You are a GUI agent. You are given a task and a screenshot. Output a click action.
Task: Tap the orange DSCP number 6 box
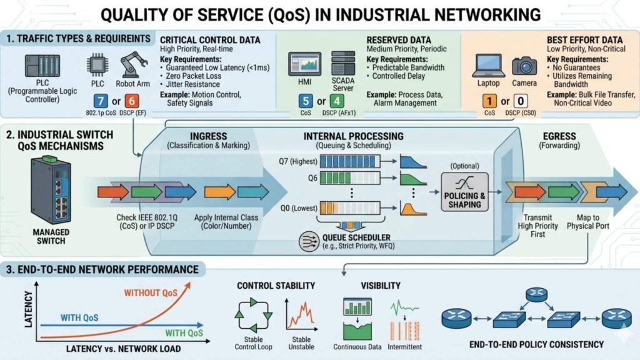pos(132,102)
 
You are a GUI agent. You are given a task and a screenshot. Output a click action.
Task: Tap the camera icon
pos(524,66)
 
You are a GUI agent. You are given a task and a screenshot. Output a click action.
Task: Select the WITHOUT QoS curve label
pos(151,292)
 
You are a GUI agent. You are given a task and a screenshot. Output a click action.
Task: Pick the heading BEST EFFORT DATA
pos(574,38)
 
